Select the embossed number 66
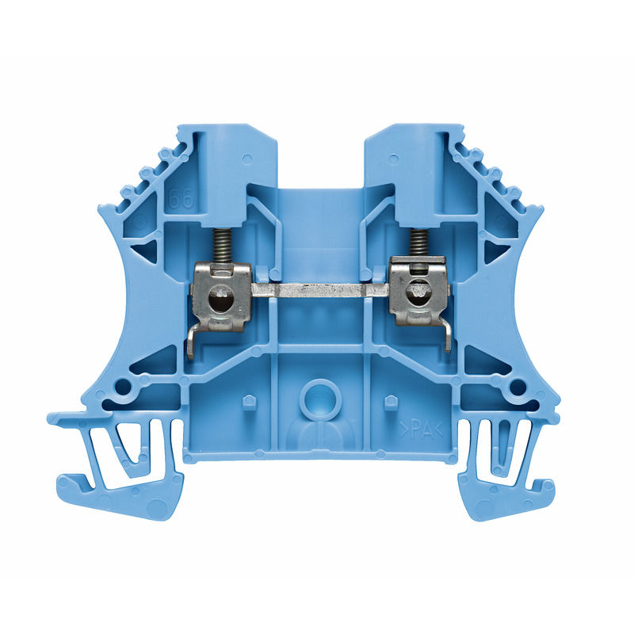point(181,199)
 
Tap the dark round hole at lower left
point(123,387)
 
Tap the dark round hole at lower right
point(517,387)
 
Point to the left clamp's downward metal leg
point(192,342)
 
